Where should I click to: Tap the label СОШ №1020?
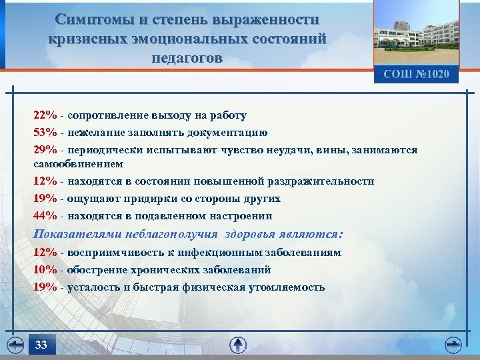click(x=416, y=74)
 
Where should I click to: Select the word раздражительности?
click(x=319, y=181)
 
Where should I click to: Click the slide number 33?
click(x=41, y=345)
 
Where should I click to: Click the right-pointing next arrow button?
click(x=453, y=345)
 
